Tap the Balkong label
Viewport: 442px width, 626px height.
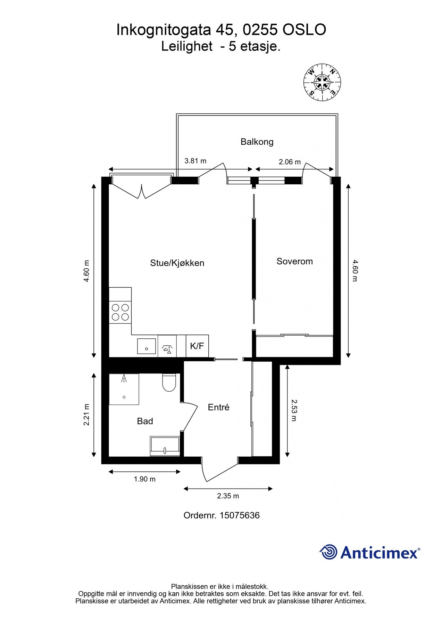pos(257,142)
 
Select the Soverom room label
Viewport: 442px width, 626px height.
pos(294,261)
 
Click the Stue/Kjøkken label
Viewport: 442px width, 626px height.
pos(177,263)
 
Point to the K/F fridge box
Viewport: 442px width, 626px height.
pos(197,346)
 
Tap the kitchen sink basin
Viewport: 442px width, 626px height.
pos(147,346)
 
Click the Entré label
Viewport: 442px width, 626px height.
pos(218,407)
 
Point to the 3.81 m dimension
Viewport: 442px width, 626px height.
pos(195,161)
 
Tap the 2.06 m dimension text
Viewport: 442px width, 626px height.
pos(290,162)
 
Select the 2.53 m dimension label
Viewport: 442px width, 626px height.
pos(294,410)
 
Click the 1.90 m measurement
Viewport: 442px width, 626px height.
pos(145,479)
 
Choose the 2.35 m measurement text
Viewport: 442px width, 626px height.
pos(228,496)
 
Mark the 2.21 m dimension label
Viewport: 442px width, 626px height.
pos(86,415)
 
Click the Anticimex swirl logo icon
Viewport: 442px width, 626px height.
pos(328,552)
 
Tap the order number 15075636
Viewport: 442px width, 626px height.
pos(240,515)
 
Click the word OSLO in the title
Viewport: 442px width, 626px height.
pos(304,30)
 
